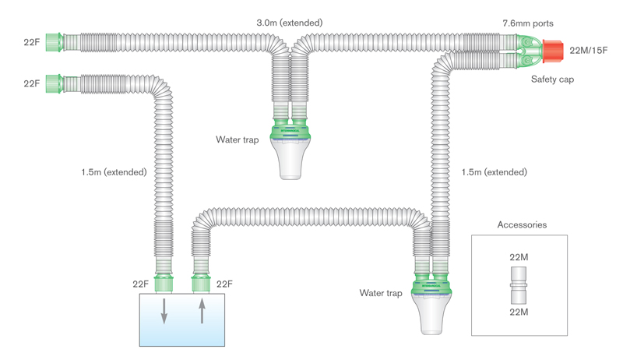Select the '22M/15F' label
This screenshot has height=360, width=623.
pyautogui.click(x=590, y=51)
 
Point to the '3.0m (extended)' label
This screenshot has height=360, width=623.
pyautogui.click(x=290, y=22)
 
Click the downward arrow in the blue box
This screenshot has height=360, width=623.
pyautogui.click(x=164, y=313)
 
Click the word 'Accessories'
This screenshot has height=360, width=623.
pyautogui.click(x=521, y=224)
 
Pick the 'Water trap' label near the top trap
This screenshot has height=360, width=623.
pyautogui.click(x=238, y=139)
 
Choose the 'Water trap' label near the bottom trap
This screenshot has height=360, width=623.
pyautogui.click(x=381, y=293)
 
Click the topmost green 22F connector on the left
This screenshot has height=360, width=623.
pyautogui.click(x=53, y=41)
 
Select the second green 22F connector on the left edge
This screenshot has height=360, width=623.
pyautogui.click(x=53, y=81)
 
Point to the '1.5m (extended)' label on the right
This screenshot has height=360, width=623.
pyautogui.click(x=494, y=171)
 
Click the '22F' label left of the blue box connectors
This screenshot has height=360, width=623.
pyautogui.click(x=142, y=284)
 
